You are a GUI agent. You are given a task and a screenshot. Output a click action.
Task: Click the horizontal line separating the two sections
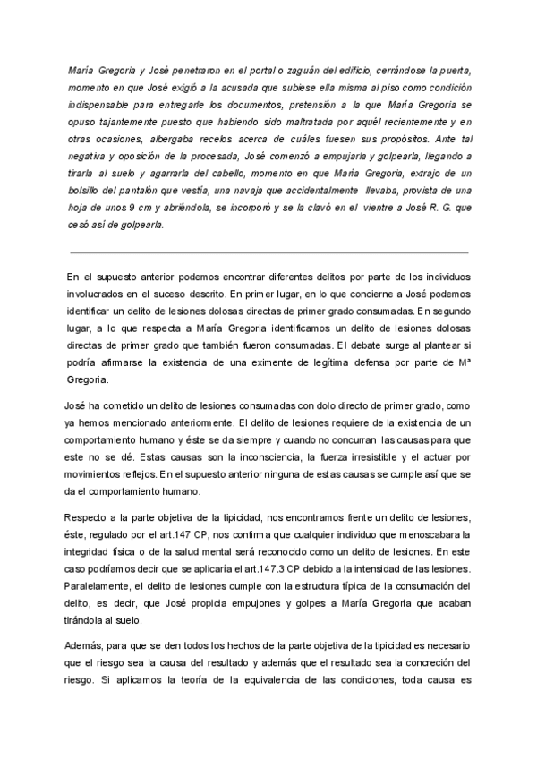pyautogui.click(x=268, y=253)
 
